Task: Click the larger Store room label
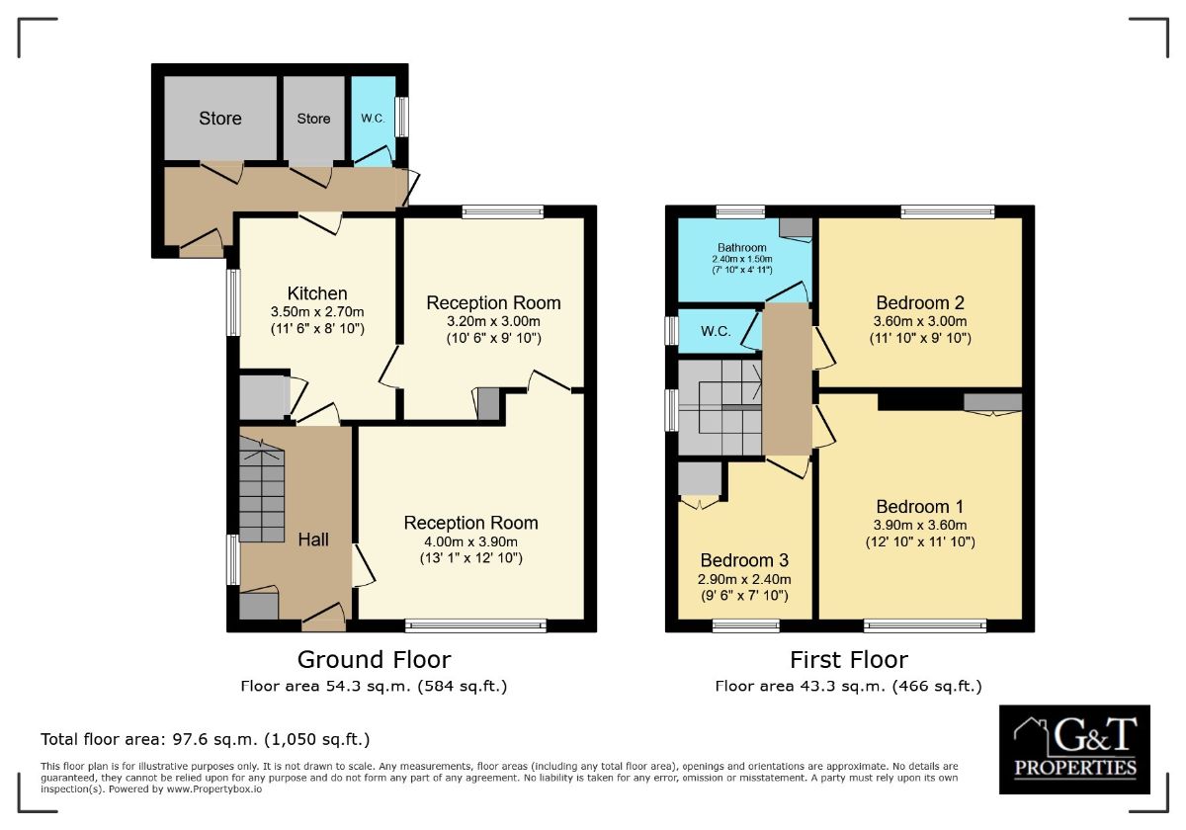pos(219,119)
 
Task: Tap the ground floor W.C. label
pos(373,119)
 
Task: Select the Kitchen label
pos(317,293)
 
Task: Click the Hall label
pos(313,539)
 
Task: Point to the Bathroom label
pos(741,248)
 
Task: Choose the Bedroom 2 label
pos(919,303)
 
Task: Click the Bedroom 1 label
pos(919,508)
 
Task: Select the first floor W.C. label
pos(716,331)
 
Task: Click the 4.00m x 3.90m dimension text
pos(470,541)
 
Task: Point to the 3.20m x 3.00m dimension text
pos(493,321)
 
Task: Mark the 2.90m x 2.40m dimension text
pos(744,579)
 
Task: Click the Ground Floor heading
pos(374,659)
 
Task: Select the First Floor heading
pos(848,659)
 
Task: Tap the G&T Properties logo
pos(1074,749)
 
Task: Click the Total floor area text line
pos(206,739)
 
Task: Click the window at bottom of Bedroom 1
pos(925,624)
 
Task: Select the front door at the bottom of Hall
pos(324,620)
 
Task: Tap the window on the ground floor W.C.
pos(402,117)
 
